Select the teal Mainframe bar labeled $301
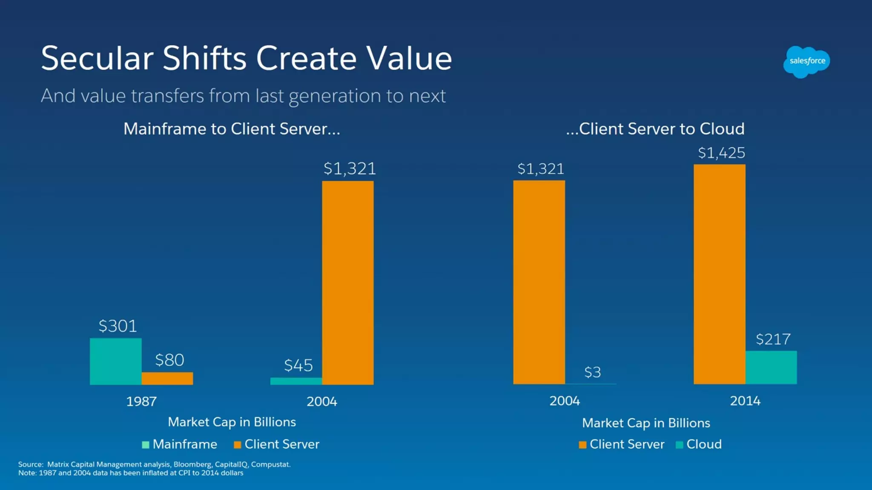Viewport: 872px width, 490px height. (x=115, y=361)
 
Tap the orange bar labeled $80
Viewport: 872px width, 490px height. (x=167, y=378)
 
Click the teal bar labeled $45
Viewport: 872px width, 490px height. (x=296, y=381)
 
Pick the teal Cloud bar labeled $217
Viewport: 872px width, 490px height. (x=771, y=367)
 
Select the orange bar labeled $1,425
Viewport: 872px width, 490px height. (x=719, y=274)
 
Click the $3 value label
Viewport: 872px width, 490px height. (x=592, y=372)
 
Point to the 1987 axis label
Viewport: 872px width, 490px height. (x=141, y=401)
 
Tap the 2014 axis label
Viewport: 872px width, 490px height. (x=745, y=401)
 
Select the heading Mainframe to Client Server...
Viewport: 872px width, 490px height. (x=232, y=129)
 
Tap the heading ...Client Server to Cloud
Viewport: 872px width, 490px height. (x=655, y=129)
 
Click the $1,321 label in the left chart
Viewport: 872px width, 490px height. (x=350, y=169)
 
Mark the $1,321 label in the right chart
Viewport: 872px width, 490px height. (x=540, y=169)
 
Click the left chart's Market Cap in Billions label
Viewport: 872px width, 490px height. (x=232, y=422)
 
